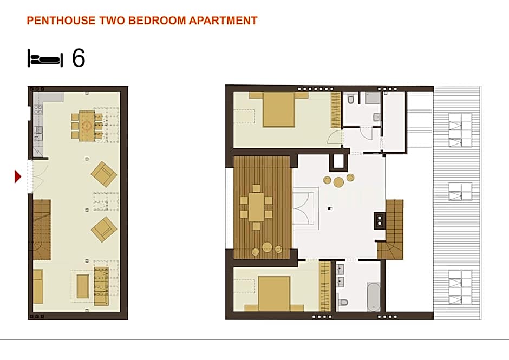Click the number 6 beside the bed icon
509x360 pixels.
tap(79, 58)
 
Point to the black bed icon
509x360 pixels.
tap(45, 58)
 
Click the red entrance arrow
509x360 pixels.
tap(18, 176)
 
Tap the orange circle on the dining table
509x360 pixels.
tap(87, 126)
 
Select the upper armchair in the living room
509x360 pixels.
tap(104, 174)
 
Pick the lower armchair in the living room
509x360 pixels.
tap(104, 229)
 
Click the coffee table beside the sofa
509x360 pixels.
tap(82, 286)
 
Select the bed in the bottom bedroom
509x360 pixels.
tap(274, 293)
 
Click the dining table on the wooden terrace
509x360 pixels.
tap(257, 207)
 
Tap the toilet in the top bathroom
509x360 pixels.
tap(351, 100)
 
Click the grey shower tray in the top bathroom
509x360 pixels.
tap(373, 97)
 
